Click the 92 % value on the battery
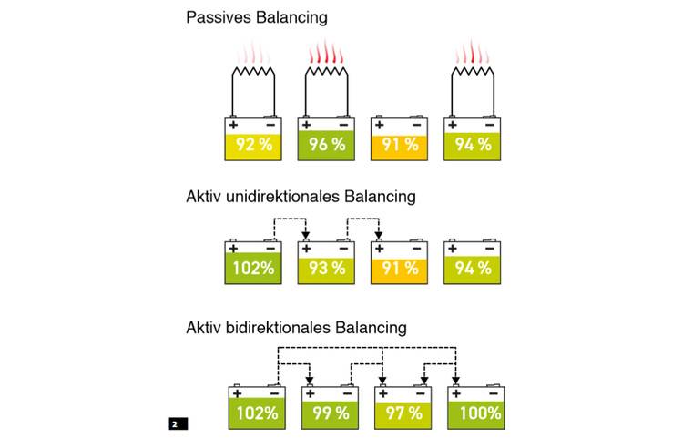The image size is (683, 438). [254, 144]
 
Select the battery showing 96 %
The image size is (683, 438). [326, 138]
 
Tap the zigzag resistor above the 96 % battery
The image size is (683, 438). [327, 72]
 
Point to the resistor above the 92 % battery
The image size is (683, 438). [253, 72]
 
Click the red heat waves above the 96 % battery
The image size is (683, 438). [326, 52]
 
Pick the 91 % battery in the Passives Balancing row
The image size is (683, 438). [399, 138]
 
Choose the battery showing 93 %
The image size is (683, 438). [326, 261]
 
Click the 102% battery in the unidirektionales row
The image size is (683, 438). [253, 261]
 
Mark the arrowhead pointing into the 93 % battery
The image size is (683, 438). [306, 235]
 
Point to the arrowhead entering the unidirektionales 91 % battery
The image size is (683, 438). [379, 235]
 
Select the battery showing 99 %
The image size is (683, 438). [331, 407]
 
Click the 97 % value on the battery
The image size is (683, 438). [403, 413]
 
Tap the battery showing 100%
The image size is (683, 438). [476, 407]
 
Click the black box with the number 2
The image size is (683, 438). [178, 423]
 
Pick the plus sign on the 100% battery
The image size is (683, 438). [456, 393]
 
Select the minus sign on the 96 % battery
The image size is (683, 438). [344, 125]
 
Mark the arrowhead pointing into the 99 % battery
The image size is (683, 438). [310, 381]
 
